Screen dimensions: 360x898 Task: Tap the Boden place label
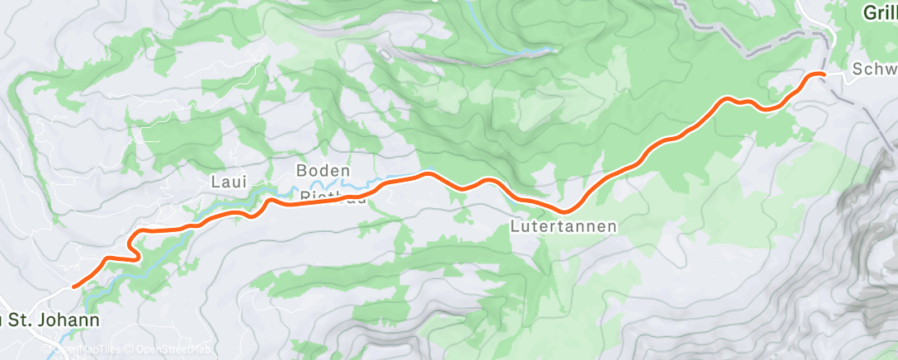[x=318, y=171]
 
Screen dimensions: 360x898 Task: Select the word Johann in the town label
[x=73, y=320]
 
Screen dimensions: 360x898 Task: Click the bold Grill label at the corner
[x=880, y=13]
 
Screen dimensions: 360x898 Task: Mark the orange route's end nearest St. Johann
[x=74, y=287]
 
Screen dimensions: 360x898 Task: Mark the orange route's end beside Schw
[x=822, y=74]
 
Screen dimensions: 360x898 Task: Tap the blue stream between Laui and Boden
[x=272, y=192]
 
